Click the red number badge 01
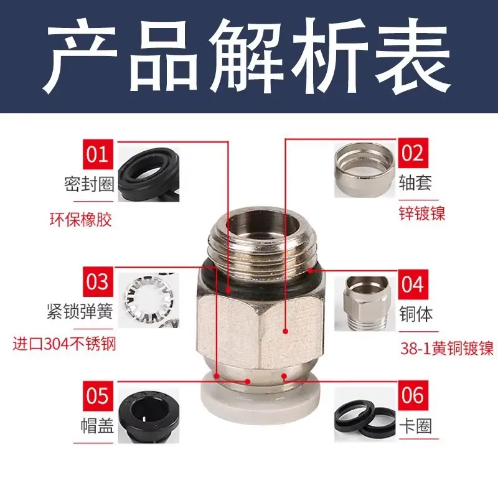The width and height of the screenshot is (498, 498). click(x=98, y=154)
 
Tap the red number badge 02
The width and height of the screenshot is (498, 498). click(x=413, y=153)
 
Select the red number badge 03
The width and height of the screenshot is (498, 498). click(x=98, y=282)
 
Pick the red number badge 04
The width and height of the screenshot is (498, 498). click(x=413, y=284)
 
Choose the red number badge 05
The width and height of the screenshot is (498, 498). click(x=98, y=396)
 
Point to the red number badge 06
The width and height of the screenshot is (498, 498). click(x=413, y=395)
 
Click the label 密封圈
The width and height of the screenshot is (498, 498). click(x=89, y=184)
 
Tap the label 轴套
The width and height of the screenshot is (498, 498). click(x=415, y=183)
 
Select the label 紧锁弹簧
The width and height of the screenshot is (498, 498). click(x=80, y=312)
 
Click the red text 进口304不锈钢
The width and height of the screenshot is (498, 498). click(x=64, y=344)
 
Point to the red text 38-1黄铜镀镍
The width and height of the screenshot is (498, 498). click(x=447, y=348)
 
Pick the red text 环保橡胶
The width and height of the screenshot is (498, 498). click(x=81, y=220)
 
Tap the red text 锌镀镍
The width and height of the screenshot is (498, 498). click(x=422, y=213)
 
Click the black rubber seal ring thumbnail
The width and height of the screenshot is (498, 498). click(x=149, y=174)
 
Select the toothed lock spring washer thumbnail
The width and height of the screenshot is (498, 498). click(x=149, y=300)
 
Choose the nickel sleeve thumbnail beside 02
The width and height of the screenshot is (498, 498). click(x=365, y=170)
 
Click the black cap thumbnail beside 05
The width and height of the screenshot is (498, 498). click(x=149, y=415)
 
